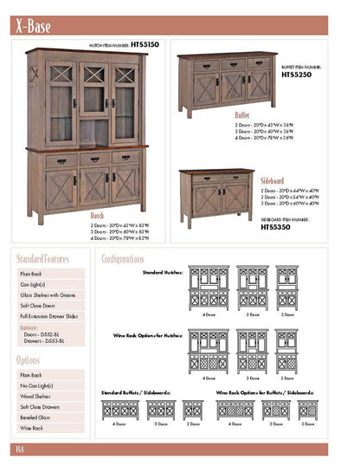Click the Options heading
[29, 360]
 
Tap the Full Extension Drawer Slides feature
[50, 317]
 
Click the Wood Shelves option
[35, 396]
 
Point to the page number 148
[18, 449]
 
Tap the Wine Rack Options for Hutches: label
[148, 333]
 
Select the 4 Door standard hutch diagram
[209, 288]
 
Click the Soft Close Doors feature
[38, 306]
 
